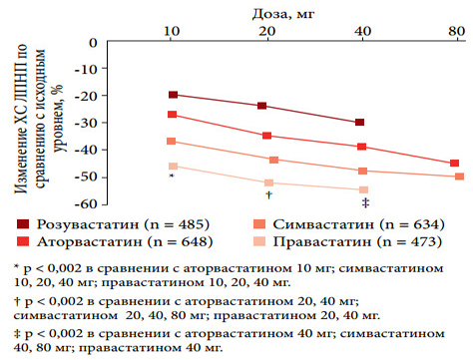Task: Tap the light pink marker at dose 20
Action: [x=266, y=182]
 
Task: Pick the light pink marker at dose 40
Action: [x=362, y=189]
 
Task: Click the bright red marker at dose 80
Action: [x=454, y=164]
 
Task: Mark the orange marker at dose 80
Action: [x=459, y=177]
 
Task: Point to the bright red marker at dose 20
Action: [x=266, y=136]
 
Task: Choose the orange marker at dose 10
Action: [x=172, y=142]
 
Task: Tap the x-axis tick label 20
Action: [x=266, y=32]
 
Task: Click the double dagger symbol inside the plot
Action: [x=365, y=202]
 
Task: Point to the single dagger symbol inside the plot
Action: [x=268, y=194]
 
